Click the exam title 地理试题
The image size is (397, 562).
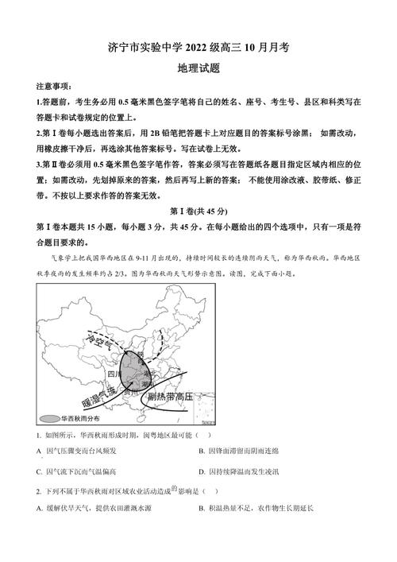click(x=198, y=68)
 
